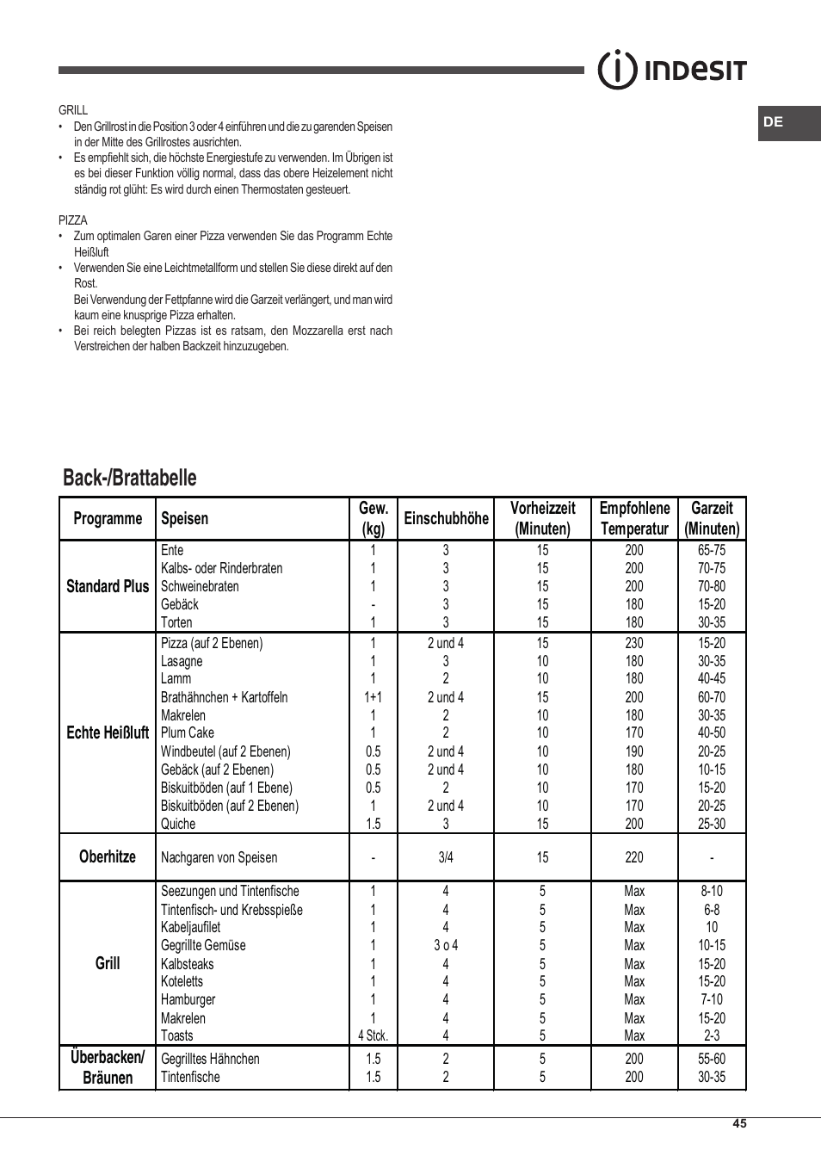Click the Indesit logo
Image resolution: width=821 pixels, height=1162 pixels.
pyautogui.click(x=672, y=70)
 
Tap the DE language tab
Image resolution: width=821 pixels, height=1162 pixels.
pyautogui.click(x=774, y=122)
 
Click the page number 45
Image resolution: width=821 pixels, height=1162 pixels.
pyautogui.click(x=739, y=1123)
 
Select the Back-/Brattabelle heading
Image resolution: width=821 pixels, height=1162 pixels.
pyautogui.click(x=130, y=478)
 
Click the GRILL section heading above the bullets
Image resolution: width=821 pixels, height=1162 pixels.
pyautogui.click(x=73, y=110)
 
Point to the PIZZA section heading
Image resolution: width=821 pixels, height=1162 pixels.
pyautogui.click(x=73, y=220)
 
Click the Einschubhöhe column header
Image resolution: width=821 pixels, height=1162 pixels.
pyautogui.click(x=446, y=518)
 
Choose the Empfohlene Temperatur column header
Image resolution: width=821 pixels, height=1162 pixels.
pyautogui.click(x=634, y=518)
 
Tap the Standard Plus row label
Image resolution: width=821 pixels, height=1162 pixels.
pyautogui.click(x=108, y=586)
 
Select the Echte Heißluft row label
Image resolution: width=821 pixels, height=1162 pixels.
pyautogui.click(x=108, y=732)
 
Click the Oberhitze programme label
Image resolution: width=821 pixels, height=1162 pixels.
pyautogui.click(x=108, y=856)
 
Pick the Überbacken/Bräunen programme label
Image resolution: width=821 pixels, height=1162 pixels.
pyautogui.click(x=108, y=1067)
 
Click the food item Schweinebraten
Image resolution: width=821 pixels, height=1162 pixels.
pyautogui.click(x=200, y=586)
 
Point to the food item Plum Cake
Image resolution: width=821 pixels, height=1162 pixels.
pyautogui.click(x=188, y=732)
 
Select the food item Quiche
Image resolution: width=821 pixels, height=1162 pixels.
pyautogui.click(x=178, y=824)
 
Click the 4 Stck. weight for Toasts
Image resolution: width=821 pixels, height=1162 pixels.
pyautogui.click(x=373, y=1035)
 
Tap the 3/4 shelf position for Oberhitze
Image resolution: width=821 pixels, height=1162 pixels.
pyautogui.click(x=446, y=857)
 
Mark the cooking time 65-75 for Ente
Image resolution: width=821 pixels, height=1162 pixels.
pyautogui.click(x=712, y=550)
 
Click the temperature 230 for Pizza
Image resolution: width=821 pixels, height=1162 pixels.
pyautogui.click(x=634, y=643)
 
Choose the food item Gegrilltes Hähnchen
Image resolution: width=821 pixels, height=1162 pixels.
pyautogui.click(x=210, y=1059)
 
